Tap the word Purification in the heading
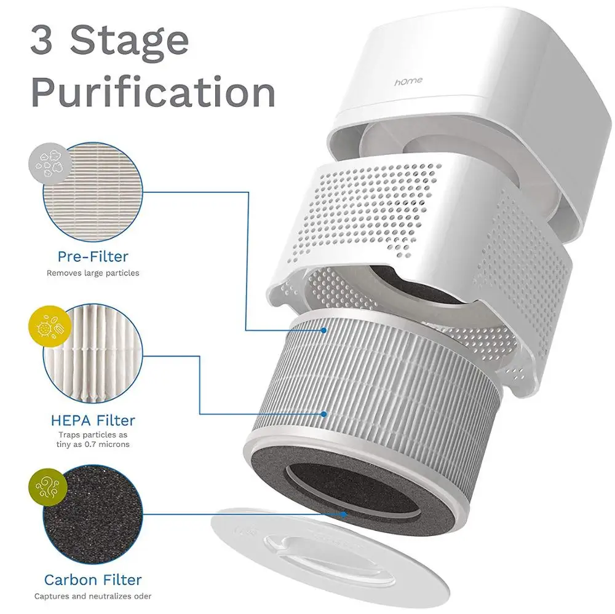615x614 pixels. pyautogui.click(x=153, y=93)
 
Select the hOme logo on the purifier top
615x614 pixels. pyautogui.click(x=408, y=82)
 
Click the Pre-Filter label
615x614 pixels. pyautogui.click(x=93, y=256)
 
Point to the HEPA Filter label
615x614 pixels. pyautogui.click(x=93, y=420)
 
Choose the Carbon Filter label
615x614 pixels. pyautogui.click(x=93, y=580)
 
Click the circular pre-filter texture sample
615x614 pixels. pyautogui.click(x=93, y=192)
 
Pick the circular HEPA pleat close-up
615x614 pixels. pyautogui.click(x=93, y=353)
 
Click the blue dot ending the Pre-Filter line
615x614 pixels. pyautogui.click(x=323, y=331)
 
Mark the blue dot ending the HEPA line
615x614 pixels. pyautogui.click(x=323, y=414)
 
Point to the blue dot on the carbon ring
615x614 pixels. pyautogui.click(x=344, y=514)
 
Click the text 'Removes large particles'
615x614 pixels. pyautogui.click(x=93, y=273)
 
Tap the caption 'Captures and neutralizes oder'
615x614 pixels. pyautogui.click(x=93, y=596)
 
